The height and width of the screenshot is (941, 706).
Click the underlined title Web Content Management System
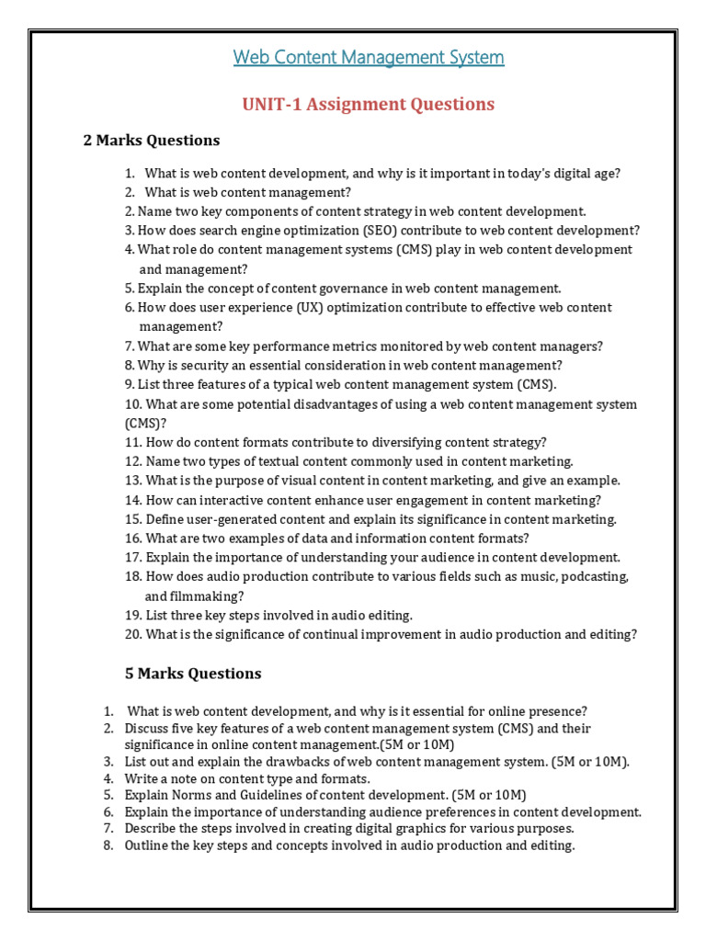click(368, 58)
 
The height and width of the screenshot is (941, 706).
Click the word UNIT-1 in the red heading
click(273, 104)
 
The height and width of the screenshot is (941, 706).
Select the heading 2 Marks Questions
click(152, 141)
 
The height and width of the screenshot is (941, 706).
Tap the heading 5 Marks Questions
click(193, 674)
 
